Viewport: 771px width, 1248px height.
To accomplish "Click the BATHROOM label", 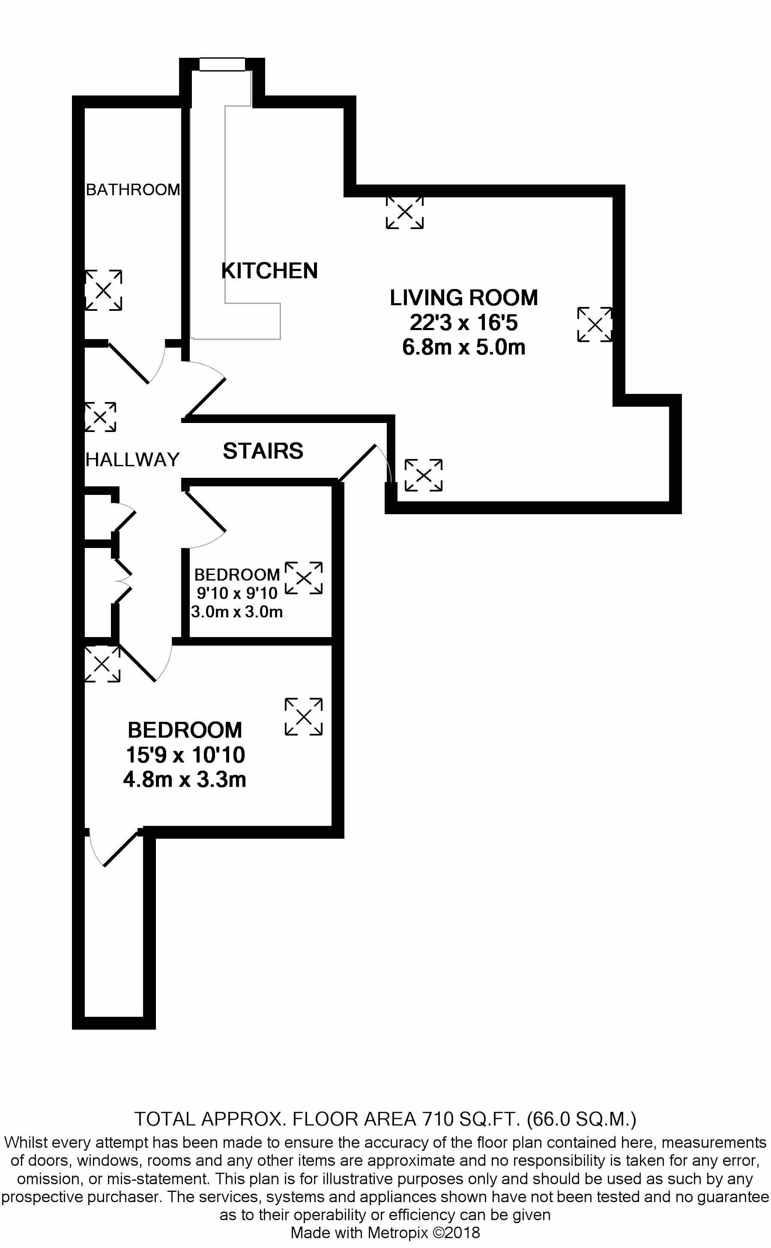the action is pos(133,190).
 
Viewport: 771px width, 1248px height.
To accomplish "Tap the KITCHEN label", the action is pos(269,271).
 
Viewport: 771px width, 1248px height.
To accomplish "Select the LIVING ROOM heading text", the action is pos(463,298).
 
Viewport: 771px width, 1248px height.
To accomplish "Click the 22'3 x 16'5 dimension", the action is pos(463,322).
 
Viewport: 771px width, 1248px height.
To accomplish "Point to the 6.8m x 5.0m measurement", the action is pos(463,347).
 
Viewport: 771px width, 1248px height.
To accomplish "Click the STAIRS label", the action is pos(263,451).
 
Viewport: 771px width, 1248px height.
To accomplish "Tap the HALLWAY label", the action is pos(133,460).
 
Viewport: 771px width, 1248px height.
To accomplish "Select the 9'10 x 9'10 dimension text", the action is pos(237,593).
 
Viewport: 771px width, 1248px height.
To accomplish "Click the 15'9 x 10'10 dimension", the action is pos(185,755).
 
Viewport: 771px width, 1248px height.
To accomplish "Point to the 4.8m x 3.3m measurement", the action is pos(185,780).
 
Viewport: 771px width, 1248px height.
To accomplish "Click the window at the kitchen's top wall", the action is pos(222,64).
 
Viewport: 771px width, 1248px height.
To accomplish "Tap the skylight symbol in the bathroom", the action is pos(104,290).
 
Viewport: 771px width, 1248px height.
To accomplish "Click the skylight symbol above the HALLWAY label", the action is pos(101,417).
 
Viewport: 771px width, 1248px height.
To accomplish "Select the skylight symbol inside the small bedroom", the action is pos(303,578).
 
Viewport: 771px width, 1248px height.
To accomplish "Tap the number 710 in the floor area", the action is pos(438,1119).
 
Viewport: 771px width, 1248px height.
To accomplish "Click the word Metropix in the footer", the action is pos(398,1233).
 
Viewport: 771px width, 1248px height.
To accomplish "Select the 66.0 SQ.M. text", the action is pos(581,1119).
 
